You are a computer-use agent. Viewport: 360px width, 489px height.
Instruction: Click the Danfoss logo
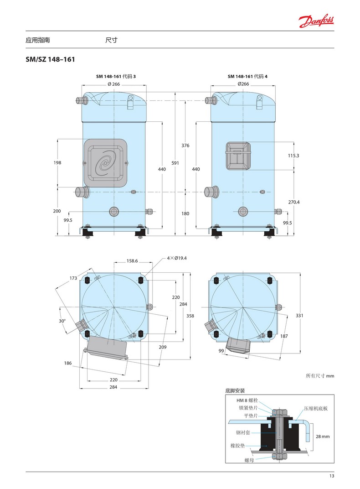316,21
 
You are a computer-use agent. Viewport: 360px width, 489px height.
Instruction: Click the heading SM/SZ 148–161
51,59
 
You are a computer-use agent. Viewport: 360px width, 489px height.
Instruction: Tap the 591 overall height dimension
175,163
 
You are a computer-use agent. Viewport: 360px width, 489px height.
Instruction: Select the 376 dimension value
185,146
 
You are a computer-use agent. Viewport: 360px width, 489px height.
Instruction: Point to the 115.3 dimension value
293,155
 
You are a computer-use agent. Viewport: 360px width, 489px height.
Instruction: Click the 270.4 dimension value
293,202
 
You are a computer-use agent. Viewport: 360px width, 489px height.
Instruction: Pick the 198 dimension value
57,162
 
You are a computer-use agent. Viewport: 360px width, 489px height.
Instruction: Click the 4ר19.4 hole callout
177,258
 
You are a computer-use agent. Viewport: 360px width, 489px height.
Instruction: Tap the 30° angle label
62,321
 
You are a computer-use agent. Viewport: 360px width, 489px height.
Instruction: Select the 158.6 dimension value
132,261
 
